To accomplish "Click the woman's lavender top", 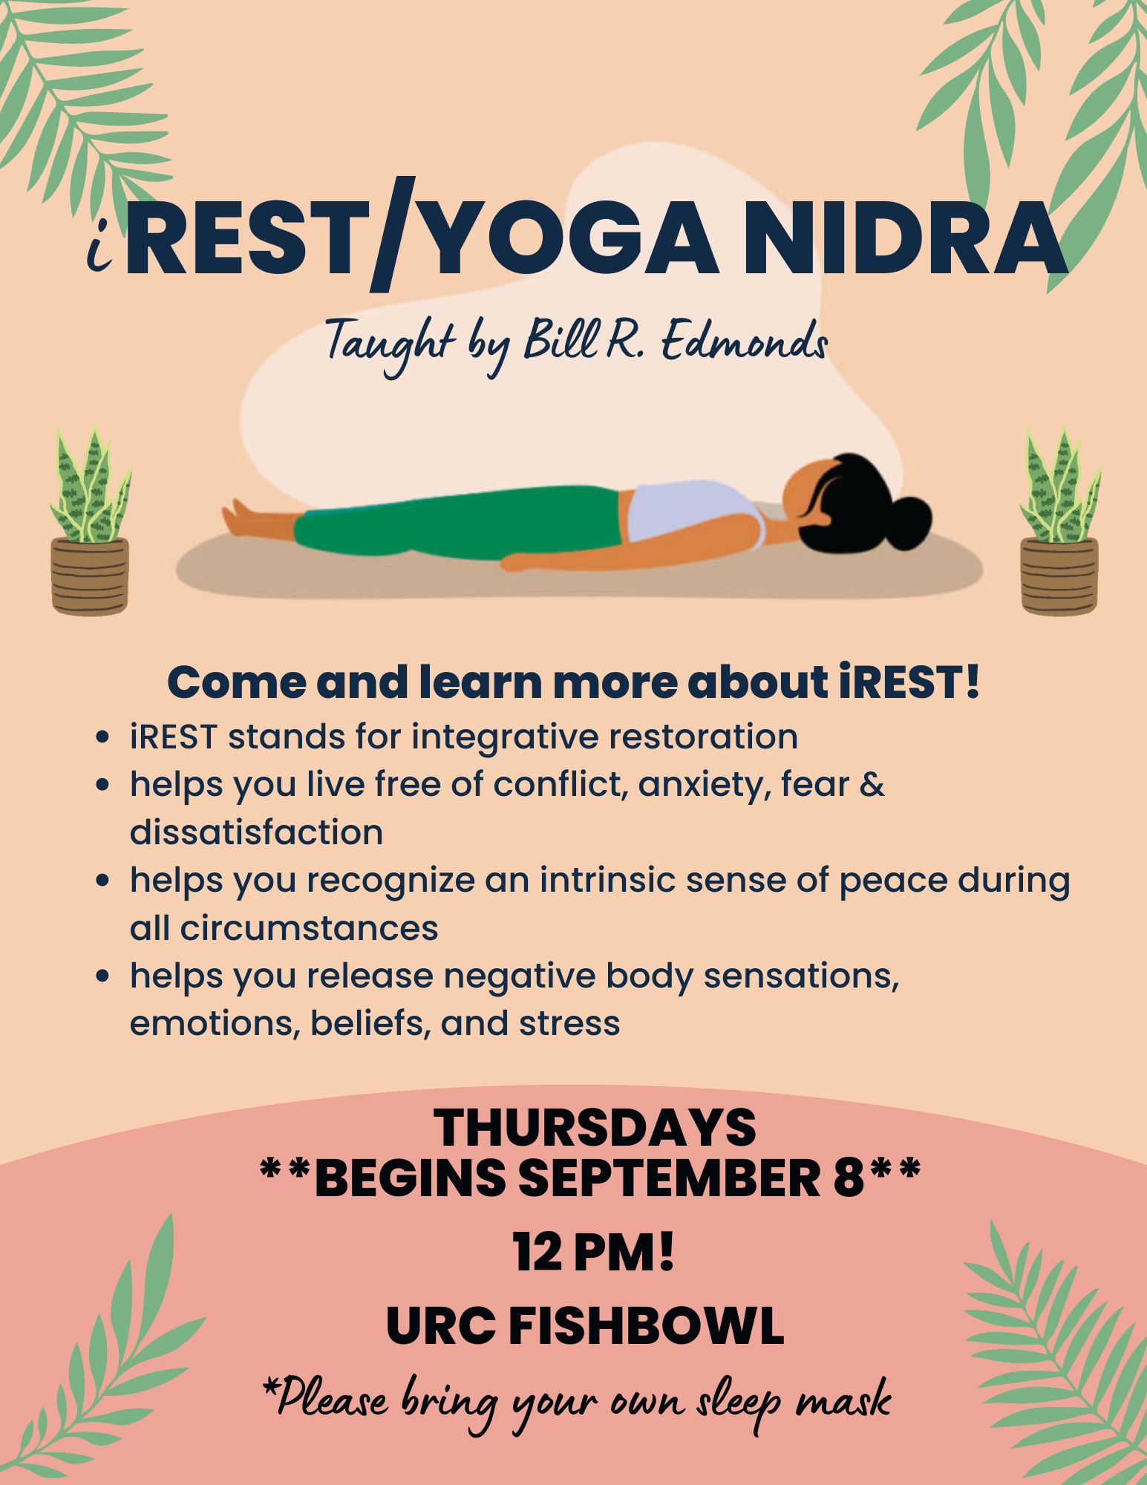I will coord(690,509).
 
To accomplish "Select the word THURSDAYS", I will coord(595,1127).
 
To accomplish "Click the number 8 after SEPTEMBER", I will coord(849,1178).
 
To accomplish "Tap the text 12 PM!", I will coord(593,1252).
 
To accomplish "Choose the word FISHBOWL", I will coord(646,1326).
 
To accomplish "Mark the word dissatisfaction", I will coord(256,832).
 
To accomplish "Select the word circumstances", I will coord(309,928).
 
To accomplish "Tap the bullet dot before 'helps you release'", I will coord(103,976).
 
